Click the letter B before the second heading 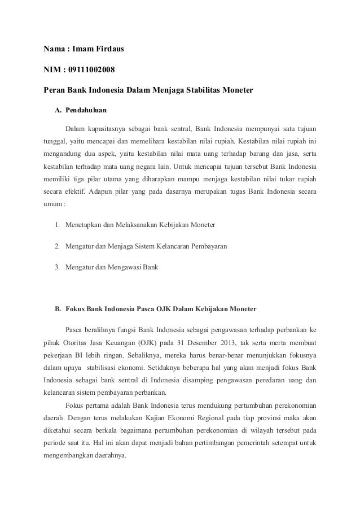click(57, 309)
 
